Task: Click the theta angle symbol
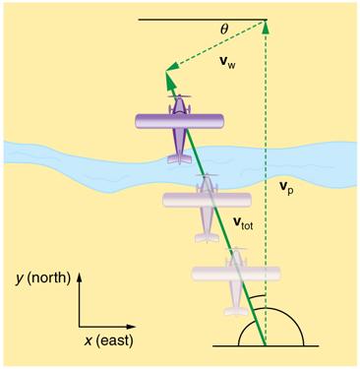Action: point(223,30)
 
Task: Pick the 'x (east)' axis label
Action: point(108,339)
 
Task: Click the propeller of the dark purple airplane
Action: point(180,98)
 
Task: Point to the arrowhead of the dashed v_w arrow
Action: point(168,68)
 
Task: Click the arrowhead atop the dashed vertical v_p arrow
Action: point(266,25)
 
